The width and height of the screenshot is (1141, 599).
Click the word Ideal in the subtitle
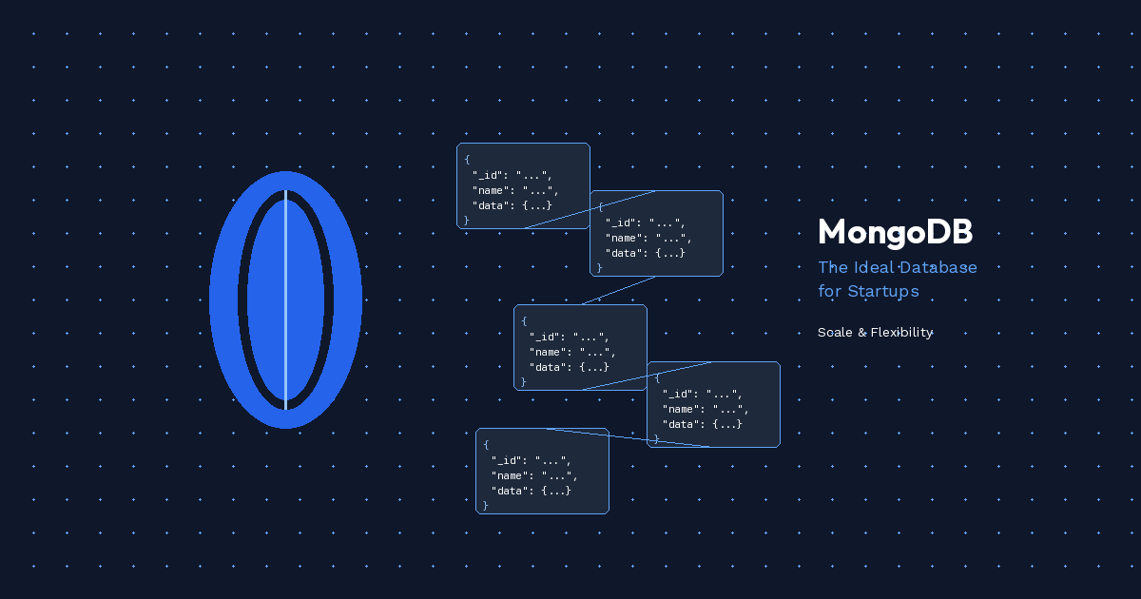869,267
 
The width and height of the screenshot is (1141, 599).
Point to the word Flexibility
901,333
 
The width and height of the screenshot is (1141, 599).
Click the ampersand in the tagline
861,333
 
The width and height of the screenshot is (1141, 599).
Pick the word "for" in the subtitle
829,291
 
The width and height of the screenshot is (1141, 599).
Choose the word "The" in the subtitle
832,267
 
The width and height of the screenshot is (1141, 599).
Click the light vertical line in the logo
285,299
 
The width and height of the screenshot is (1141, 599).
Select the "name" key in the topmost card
490,190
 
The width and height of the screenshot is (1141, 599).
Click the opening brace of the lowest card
486,445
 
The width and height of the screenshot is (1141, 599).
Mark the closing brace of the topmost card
467,220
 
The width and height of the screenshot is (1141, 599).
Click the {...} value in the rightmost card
727,424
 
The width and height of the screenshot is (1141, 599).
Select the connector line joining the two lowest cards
628,437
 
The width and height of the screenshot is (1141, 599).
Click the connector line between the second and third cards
618,290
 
